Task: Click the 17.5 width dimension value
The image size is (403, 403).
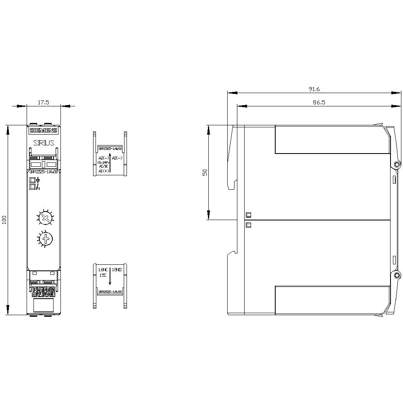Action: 43,102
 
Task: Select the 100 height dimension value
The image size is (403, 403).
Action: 4,220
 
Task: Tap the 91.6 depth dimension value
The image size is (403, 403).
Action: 314,89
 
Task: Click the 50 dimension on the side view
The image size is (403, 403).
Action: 205,172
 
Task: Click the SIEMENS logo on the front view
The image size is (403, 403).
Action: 44,131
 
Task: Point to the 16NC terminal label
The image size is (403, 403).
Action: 103,269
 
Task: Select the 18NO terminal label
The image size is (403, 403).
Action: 116,269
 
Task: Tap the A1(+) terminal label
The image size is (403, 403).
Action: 103,171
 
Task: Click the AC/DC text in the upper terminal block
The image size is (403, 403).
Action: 103,166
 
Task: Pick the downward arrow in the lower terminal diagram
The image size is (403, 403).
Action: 110,277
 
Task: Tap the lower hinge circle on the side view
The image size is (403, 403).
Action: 397,276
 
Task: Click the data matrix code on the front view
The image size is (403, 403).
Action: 43,291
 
